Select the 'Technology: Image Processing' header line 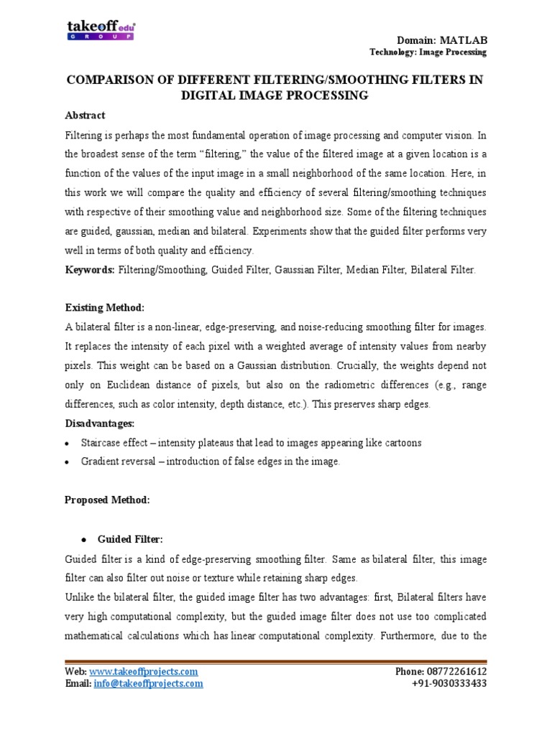pyautogui.click(x=428, y=52)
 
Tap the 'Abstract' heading pyautogui.click(x=85, y=115)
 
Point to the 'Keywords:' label pyautogui.click(x=89, y=269)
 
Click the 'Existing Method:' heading pyautogui.click(x=105, y=308)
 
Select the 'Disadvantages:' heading pyautogui.click(x=101, y=423)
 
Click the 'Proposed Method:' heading pyautogui.click(x=107, y=501)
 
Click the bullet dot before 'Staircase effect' pyautogui.click(x=67, y=444)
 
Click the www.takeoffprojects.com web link pyautogui.click(x=144, y=671)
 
